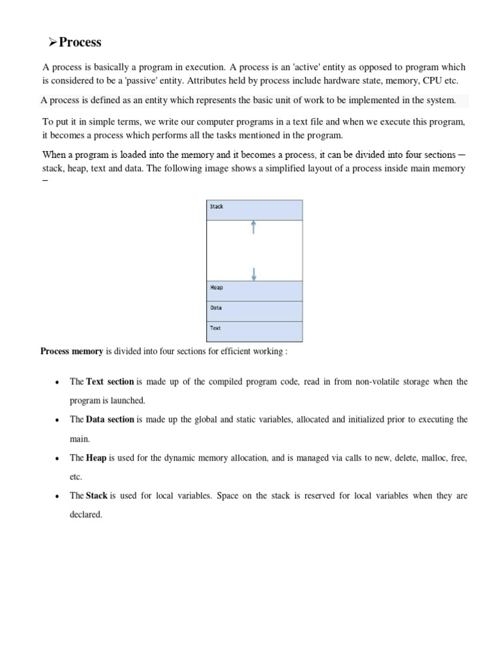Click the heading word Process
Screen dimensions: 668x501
(80, 42)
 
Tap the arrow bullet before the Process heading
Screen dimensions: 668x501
(53, 42)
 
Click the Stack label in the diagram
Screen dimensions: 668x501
(217, 207)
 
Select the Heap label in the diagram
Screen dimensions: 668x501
(216, 288)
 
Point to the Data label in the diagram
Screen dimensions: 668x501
(216, 308)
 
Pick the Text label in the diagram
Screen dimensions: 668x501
(215, 328)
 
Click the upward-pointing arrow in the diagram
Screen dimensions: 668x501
(254, 228)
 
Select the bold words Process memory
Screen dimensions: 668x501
(72, 352)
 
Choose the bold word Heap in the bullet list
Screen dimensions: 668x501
(96, 458)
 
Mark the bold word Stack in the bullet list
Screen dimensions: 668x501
(97, 496)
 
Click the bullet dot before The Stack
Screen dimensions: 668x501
(59, 496)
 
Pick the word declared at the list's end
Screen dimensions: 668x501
(86, 515)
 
